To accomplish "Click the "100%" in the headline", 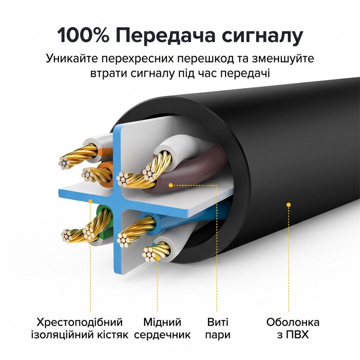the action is click(83, 36).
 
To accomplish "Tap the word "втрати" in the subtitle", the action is click(109, 74).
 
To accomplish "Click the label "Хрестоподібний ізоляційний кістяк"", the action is click(80, 328).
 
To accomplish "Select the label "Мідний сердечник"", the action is click(162, 328).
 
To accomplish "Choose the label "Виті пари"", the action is click(218, 328).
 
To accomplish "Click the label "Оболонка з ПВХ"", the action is click(293, 328).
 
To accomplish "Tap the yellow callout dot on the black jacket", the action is click(288, 205).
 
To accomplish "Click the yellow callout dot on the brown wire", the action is click(171, 185).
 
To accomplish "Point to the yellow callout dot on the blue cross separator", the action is click(90, 201).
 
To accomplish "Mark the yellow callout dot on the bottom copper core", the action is click(157, 258).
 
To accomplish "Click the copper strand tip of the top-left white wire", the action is click(65, 162).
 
